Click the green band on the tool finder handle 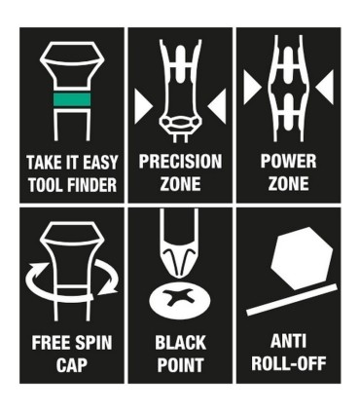coord(72,99)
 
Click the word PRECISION coord(180,162)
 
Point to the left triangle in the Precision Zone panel coord(143,106)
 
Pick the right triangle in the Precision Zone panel coord(217,106)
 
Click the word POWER coord(288,162)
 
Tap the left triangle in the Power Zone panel coord(252,88)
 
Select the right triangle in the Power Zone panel coord(325,88)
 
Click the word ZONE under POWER coord(288,184)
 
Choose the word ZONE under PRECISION coord(180,184)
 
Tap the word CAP coord(72,365)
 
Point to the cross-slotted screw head coord(180,298)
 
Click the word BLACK coord(180,343)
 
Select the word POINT coord(180,365)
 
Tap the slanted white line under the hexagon coord(292,300)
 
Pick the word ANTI coord(288,342)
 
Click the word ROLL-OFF coord(288,363)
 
